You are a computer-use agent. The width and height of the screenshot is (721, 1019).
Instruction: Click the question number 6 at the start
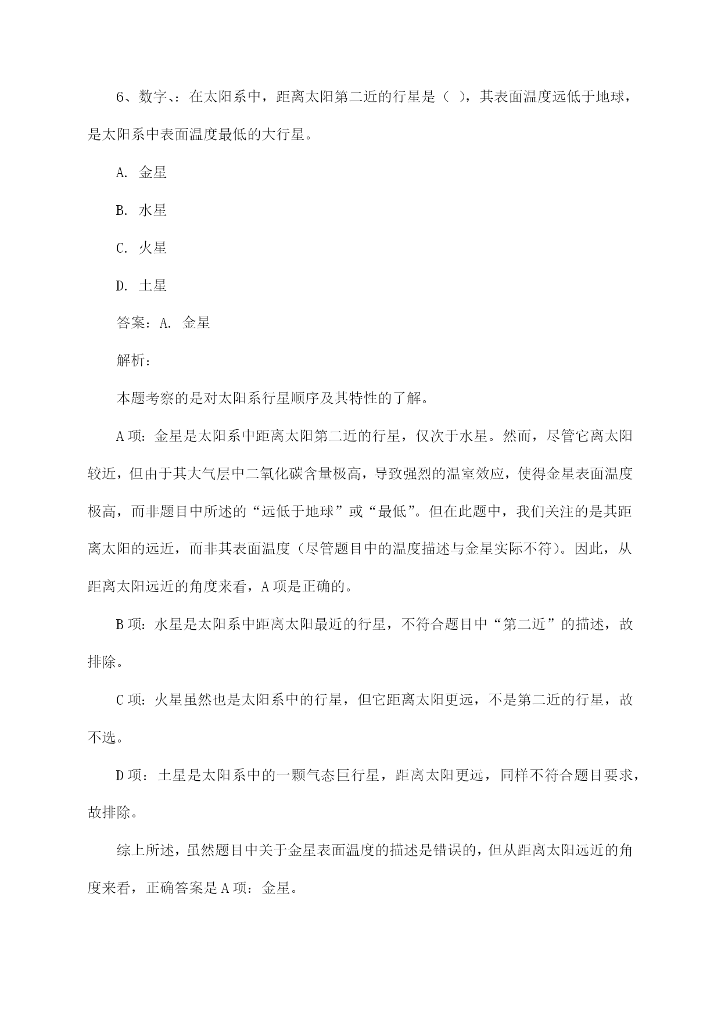(121, 97)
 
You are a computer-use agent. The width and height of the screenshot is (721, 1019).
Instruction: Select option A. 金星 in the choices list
(141, 173)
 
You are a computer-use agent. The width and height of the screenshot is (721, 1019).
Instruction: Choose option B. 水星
(141, 210)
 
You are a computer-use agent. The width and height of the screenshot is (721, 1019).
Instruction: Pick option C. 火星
(141, 248)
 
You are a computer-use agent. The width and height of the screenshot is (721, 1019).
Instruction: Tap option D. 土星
(141, 286)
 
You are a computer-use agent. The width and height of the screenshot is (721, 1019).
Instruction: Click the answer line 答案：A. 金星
(163, 323)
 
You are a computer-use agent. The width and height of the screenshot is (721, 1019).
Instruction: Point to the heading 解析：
(134, 361)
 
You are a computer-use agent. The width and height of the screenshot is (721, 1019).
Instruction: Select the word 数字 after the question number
(153, 97)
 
